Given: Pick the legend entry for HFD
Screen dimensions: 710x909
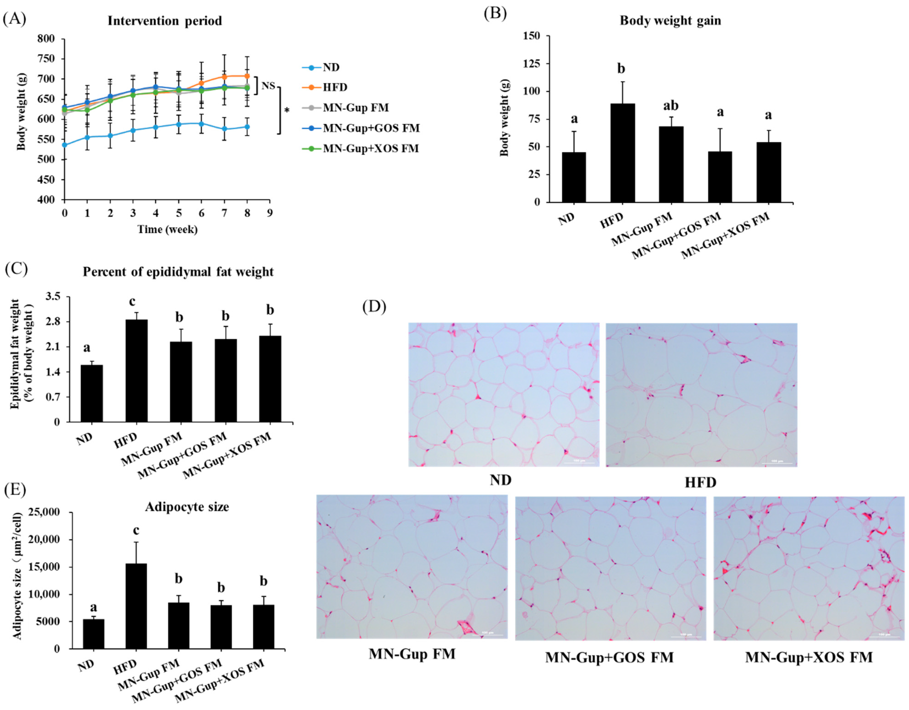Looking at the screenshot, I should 335,87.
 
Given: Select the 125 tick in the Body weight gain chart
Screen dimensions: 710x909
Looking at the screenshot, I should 532,64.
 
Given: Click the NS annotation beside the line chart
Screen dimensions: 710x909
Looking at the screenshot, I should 268,86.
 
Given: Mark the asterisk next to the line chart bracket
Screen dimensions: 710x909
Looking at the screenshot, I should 287,111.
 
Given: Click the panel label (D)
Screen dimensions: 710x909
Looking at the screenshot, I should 374,307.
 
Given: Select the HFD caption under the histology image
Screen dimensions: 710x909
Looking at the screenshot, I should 701,482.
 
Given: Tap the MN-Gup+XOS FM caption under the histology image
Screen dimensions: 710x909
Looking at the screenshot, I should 809,657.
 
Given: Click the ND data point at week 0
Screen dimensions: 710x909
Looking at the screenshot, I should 65,145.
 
